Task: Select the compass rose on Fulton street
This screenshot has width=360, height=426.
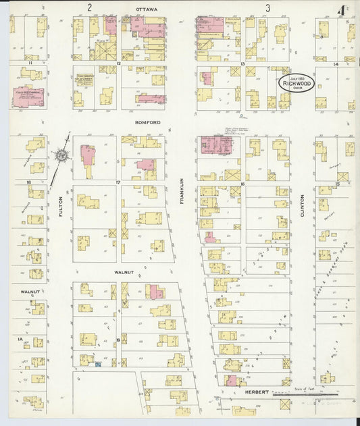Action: [61, 155]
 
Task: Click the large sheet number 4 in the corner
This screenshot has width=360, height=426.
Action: [344, 10]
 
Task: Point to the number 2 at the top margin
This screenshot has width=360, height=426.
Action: [89, 7]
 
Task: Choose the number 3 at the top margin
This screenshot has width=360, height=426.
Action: [268, 8]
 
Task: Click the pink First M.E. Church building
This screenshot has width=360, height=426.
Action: [28, 96]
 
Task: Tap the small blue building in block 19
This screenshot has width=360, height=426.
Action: [99, 365]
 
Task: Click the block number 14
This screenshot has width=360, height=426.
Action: [335, 63]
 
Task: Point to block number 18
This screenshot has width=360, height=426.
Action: [29, 182]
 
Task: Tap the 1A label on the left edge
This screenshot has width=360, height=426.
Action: [21, 338]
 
